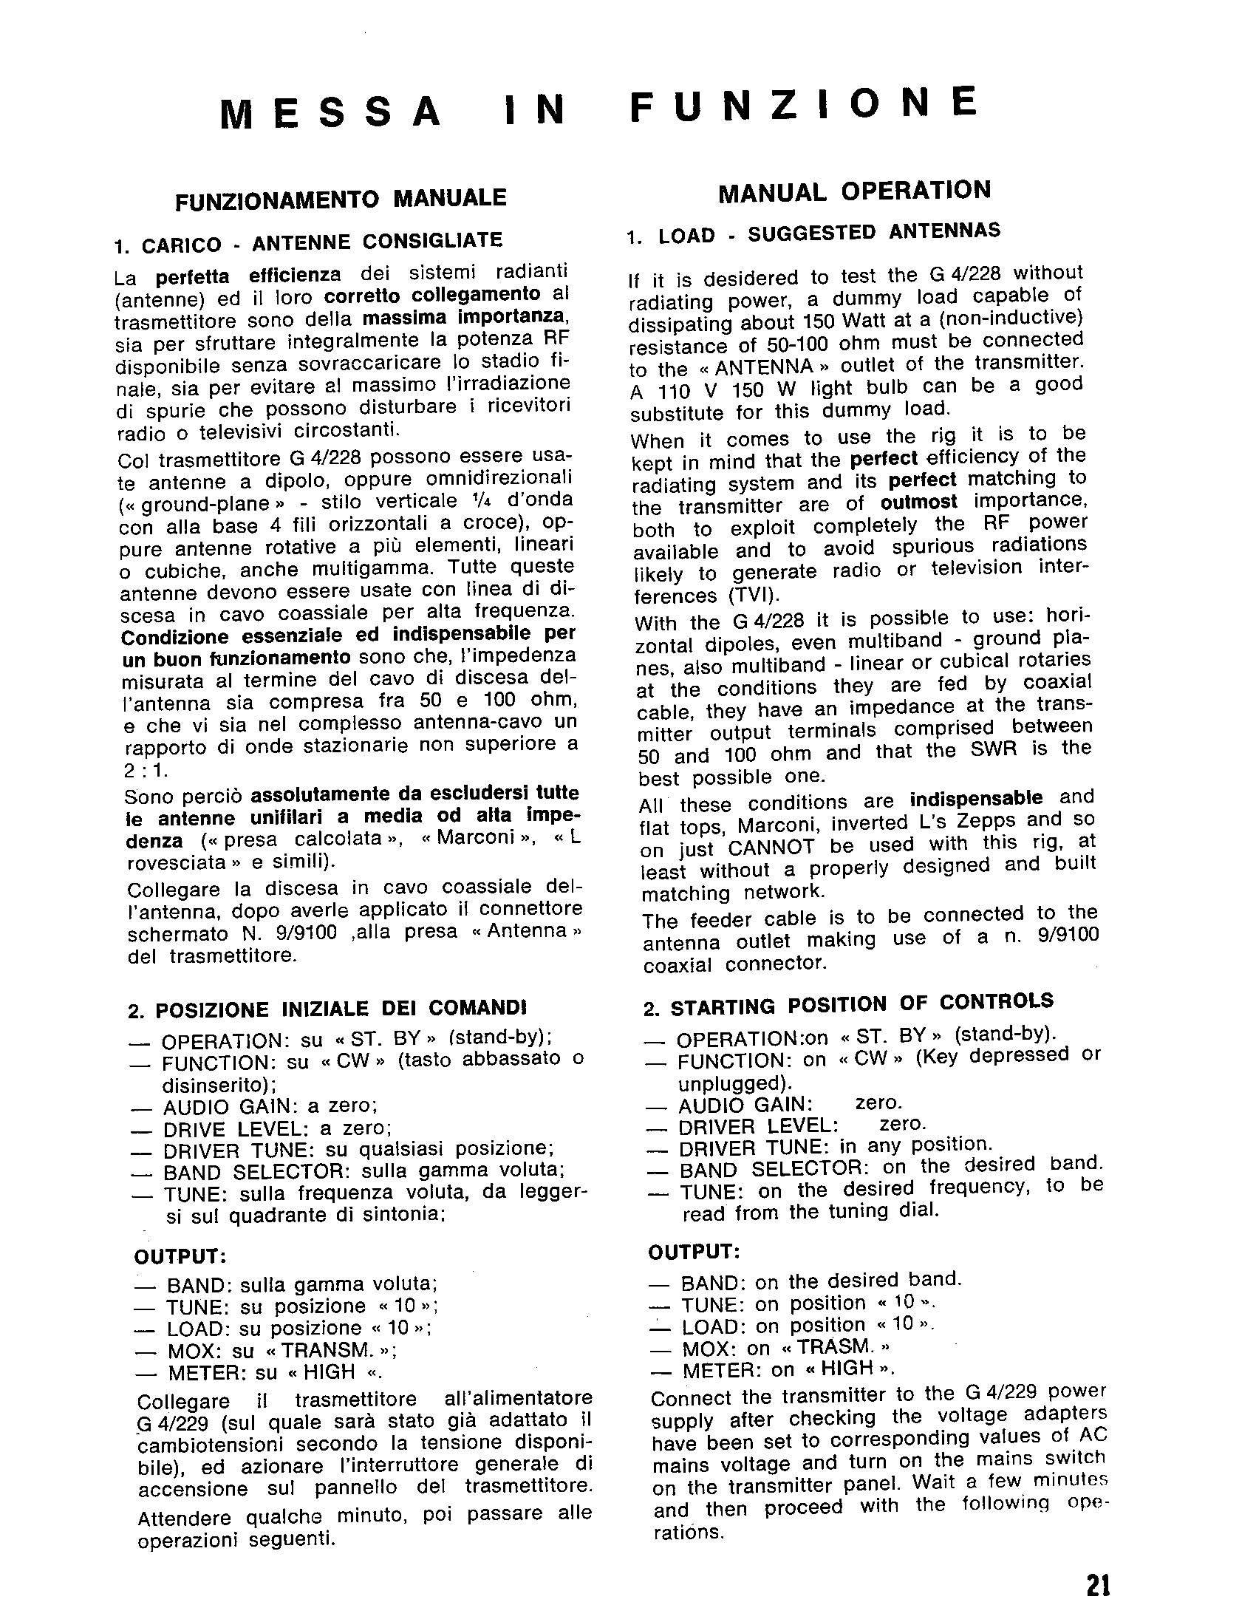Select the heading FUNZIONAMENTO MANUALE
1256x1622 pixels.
click(x=340, y=199)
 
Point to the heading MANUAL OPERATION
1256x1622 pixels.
click(x=854, y=191)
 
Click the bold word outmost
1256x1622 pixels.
click(x=919, y=502)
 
